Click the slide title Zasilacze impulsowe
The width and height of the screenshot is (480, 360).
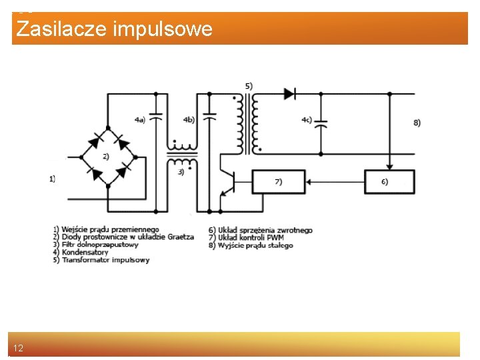tap(114, 29)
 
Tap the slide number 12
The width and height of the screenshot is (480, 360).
tap(18, 349)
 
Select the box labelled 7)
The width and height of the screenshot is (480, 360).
tap(278, 181)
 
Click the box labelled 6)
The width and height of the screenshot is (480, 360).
tap(389, 181)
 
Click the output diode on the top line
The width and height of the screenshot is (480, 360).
tap(289, 94)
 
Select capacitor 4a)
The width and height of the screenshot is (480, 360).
tap(157, 116)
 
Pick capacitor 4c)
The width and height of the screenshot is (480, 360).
tap(321, 124)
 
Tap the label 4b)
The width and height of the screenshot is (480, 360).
tap(189, 120)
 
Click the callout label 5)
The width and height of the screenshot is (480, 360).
tap(249, 85)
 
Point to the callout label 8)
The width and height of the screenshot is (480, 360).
tap(417, 123)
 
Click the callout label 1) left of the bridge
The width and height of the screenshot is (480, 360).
tap(53, 179)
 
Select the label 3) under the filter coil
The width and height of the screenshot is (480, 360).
tap(181, 172)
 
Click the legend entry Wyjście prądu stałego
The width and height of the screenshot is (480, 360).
tap(255, 245)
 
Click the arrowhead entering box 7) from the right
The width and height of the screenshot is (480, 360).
tap(302, 181)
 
